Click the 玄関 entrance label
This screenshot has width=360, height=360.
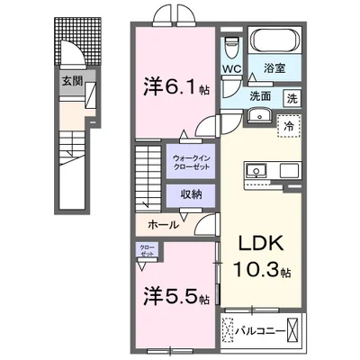[71, 80]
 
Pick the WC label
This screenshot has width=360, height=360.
[230, 68]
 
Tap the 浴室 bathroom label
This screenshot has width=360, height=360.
[275, 68]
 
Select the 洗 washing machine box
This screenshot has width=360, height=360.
[293, 98]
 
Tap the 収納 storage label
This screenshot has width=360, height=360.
[189, 193]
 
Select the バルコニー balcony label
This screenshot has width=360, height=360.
[262, 330]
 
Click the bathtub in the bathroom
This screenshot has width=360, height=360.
[276, 42]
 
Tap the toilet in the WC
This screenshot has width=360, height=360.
[231, 45]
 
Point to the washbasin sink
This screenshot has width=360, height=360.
[264, 114]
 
